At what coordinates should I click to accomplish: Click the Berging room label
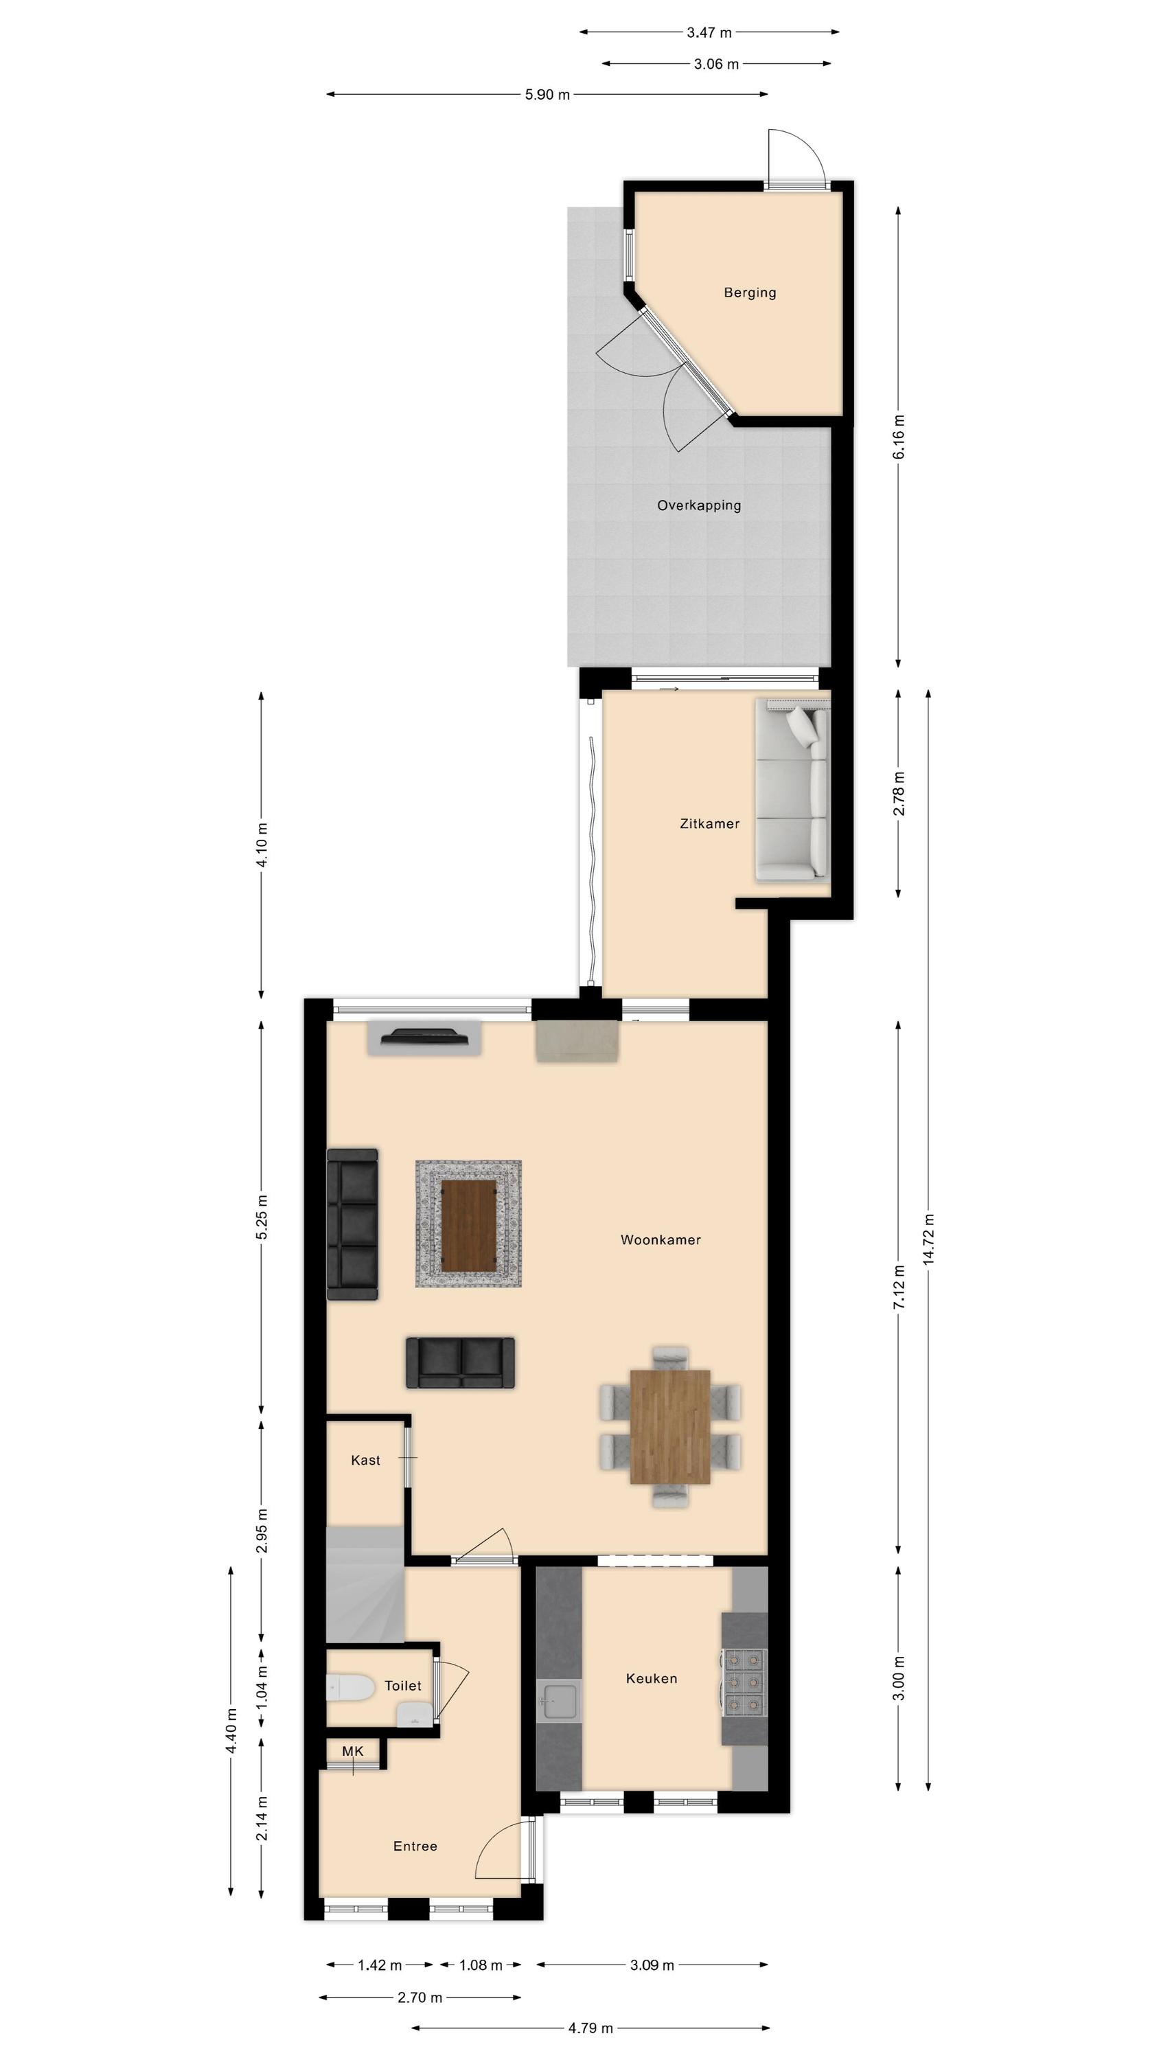point(750,293)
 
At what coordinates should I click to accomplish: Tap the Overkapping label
point(699,505)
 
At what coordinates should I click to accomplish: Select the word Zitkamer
point(709,824)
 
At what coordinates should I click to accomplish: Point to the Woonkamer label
point(661,1239)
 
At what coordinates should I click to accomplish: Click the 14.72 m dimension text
point(928,1239)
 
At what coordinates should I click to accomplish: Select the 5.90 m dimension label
point(548,94)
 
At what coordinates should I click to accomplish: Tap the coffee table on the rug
point(469,1224)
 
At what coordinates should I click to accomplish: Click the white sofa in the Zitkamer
point(792,789)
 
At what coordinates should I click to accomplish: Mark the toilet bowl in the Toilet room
point(350,1687)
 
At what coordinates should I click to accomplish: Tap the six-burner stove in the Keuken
point(745,1682)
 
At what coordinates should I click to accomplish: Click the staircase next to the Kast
point(365,1585)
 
